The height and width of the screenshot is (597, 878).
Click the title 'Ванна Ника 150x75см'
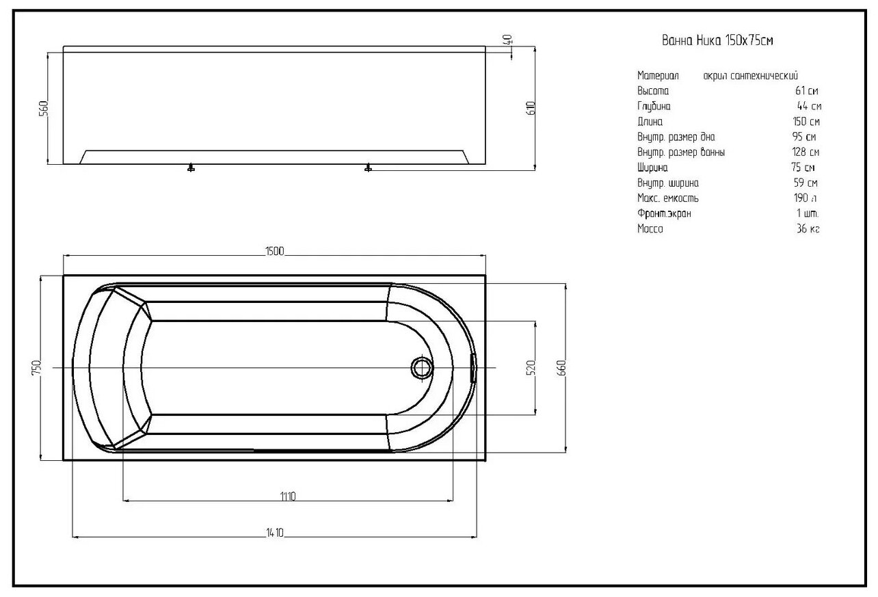(717, 41)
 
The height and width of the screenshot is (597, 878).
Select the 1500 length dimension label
(274, 251)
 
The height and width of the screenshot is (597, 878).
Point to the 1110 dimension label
(287, 496)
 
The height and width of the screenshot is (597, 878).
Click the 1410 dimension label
(274, 533)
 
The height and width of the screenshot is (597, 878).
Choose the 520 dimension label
(531, 367)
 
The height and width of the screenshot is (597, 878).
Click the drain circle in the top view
(421, 368)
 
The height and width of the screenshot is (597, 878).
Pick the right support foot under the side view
(369, 167)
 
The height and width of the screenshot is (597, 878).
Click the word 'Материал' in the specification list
(658, 76)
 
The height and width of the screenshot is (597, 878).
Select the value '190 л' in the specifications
(806, 198)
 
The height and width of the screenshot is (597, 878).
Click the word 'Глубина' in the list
(654, 107)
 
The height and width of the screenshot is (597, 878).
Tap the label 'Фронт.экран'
(664, 214)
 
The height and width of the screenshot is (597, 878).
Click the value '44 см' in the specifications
(809, 107)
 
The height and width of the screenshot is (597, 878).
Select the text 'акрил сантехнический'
(750, 76)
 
